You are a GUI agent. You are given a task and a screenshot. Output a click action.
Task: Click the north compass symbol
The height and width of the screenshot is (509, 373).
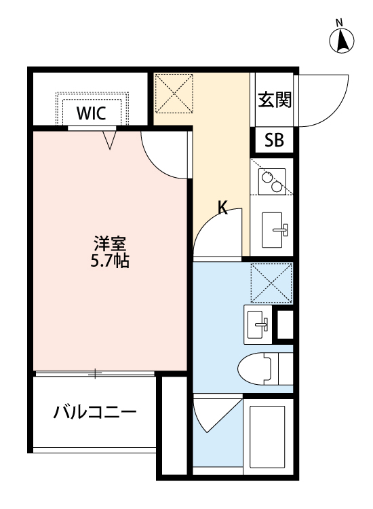[343, 40]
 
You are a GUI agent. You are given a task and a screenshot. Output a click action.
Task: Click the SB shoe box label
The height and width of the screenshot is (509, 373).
[274, 141]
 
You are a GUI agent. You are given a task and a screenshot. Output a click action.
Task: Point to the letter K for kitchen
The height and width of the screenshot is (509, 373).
[222, 208]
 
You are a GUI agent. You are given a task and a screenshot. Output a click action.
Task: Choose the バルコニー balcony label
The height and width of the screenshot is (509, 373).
[96, 412]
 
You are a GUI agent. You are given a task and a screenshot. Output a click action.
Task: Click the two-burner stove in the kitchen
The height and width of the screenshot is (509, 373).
[271, 178]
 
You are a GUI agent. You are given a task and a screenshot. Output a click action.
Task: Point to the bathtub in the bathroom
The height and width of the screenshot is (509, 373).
[267, 434]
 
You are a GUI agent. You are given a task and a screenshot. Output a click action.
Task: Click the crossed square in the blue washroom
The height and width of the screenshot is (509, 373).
[271, 283]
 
